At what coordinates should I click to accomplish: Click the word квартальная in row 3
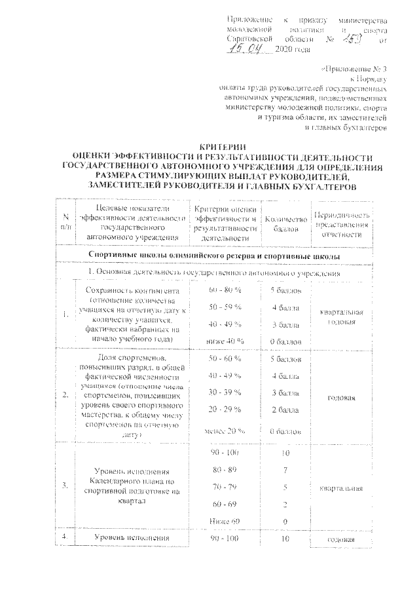pos(342,488)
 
